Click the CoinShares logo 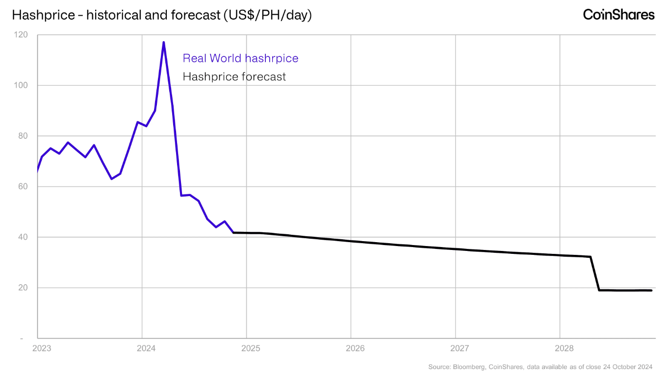pyautogui.click(x=618, y=15)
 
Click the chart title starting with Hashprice pyautogui.click(x=162, y=15)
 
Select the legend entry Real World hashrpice pyautogui.click(x=240, y=58)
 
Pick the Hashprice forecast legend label pyautogui.click(x=234, y=76)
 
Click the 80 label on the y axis pyautogui.click(x=22, y=136)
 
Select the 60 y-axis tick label pyautogui.click(x=22, y=187)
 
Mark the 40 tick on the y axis pyautogui.click(x=22, y=237)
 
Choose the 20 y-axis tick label pyautogui.click(x=22, y=288)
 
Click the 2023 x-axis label pyautogui.click(x=41, y=348)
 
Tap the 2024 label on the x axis pyautogui.click(x=146, y=348)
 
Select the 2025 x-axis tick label pyautogui.click(x=251, y=348)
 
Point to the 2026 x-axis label pyautogui.click(x=355, y=348)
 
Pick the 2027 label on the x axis pyautogui.click(x=460, y=348)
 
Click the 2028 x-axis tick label pyautogui.click(x=564, y=348)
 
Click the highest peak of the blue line pyautogui.click(x=163, y=42)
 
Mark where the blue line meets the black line pyautogui.click(x=233, y=232)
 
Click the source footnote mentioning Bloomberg pyautogui.click(x=541, y=367)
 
